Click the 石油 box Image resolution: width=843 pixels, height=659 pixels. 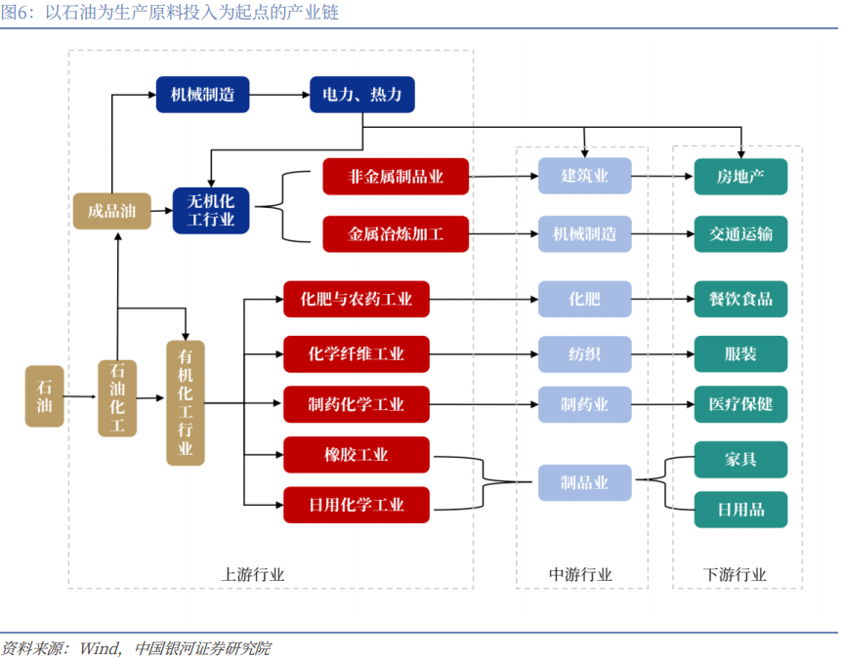[44, 396]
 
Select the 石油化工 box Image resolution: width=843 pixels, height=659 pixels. [117, 397]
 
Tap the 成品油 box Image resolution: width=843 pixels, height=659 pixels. [112, 210]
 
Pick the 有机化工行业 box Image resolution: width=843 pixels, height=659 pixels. [186, 402]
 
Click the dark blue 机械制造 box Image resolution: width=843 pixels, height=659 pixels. [202, 95]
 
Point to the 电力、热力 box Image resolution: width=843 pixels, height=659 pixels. [362, 95]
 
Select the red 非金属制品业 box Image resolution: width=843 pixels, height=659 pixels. [396, 177]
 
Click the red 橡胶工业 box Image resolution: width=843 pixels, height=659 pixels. [356, 455]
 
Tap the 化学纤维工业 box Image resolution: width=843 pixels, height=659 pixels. [356, 353]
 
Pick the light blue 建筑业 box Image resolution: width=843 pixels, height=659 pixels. [584, 177]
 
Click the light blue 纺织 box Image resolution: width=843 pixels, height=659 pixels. [584, 353]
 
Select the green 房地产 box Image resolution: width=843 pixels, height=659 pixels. [740, 177]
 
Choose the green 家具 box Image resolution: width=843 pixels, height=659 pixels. [740, 459]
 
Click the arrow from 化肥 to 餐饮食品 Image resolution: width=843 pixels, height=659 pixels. [662, 299]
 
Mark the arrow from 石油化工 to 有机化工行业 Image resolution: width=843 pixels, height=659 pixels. [150, 398]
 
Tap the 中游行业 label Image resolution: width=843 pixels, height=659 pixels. [580, 575]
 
